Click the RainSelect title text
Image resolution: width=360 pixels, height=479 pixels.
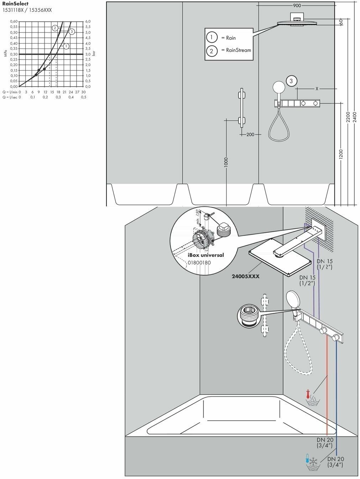(x=15, y=4)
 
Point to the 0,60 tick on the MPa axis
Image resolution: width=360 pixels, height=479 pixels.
(x=14, y=21)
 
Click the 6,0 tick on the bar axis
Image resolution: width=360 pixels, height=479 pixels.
(x=88, y=21)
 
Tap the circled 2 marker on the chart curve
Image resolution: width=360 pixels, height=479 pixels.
(x=55, y=28)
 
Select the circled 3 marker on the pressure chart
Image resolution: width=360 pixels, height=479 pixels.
(x=72, y=32)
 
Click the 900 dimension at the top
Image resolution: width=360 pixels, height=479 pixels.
(x=297, y=5)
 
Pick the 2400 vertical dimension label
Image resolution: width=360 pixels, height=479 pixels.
(x=354, y=117)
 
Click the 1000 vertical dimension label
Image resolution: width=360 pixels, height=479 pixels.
(x=226, y=162)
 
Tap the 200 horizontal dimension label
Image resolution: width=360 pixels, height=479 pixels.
(x=250, y=134)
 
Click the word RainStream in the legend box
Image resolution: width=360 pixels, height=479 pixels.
(x=238, y=50)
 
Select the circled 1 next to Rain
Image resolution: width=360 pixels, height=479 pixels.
(x=212, y=37)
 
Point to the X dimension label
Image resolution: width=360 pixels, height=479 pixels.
(x=317, y=88)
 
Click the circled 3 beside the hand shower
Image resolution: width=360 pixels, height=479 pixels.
(x=291, y=81)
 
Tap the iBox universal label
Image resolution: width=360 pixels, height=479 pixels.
(x=206, y=255)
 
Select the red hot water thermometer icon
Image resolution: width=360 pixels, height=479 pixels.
(x=308, y=395)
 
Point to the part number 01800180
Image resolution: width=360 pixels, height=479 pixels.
(x=199, y=263)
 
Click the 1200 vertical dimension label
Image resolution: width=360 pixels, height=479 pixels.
(x=340, y=154)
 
